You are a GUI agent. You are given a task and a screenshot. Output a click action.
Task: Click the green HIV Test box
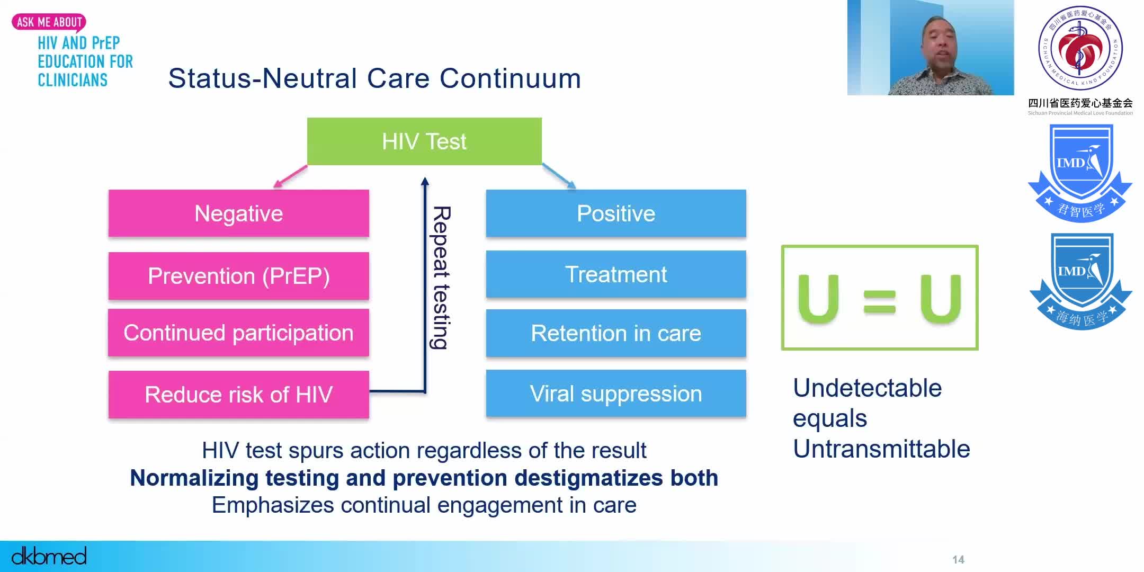(424, 141)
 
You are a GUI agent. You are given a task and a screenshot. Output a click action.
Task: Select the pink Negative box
(238, 213)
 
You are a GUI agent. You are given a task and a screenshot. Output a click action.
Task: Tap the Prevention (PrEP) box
(238, 276)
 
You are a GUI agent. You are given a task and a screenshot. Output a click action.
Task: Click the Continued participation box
(238, 333)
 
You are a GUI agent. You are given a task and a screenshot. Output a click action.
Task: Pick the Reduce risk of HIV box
(238, 395)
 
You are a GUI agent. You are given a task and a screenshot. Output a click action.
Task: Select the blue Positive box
(616, 213)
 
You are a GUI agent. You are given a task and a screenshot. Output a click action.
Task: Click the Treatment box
(616, 274)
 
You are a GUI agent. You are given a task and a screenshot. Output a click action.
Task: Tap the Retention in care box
(616, 333)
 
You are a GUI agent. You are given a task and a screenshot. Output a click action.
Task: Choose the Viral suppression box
(616, 394)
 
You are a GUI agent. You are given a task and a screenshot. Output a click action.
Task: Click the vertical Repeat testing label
(441, 278)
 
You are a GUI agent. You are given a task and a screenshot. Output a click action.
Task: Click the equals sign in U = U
(879, 302)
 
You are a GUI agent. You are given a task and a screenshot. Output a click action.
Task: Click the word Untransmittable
(881, 449)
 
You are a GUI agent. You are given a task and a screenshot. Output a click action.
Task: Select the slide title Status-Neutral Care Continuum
(374, 78)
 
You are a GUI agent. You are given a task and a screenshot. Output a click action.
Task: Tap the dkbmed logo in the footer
(49, 556)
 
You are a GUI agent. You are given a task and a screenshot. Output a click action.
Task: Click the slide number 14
(958, 560)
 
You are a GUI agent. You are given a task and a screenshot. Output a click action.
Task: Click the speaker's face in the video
(940, 42)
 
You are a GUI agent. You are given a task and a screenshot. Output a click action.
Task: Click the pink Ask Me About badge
(49, 22)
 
